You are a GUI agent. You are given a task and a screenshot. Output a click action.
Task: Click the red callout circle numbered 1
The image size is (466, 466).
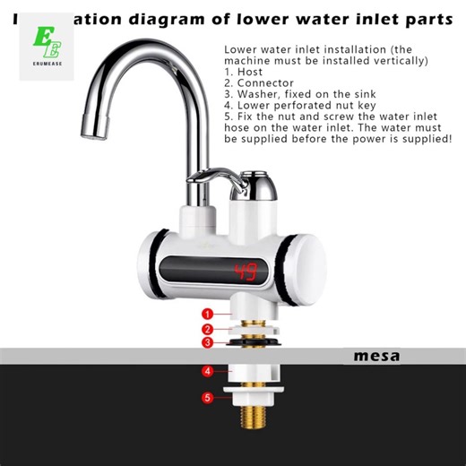pos(207,314)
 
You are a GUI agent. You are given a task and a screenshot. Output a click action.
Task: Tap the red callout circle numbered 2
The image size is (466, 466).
pos(207,328)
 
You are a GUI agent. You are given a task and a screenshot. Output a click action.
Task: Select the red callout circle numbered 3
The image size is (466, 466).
pos(207,342)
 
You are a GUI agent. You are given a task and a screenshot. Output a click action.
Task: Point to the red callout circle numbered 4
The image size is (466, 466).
pos(207,370)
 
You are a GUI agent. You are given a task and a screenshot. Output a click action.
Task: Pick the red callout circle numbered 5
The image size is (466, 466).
pos(207,397)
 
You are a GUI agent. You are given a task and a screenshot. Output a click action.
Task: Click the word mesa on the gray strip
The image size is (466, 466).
pos(376,356)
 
